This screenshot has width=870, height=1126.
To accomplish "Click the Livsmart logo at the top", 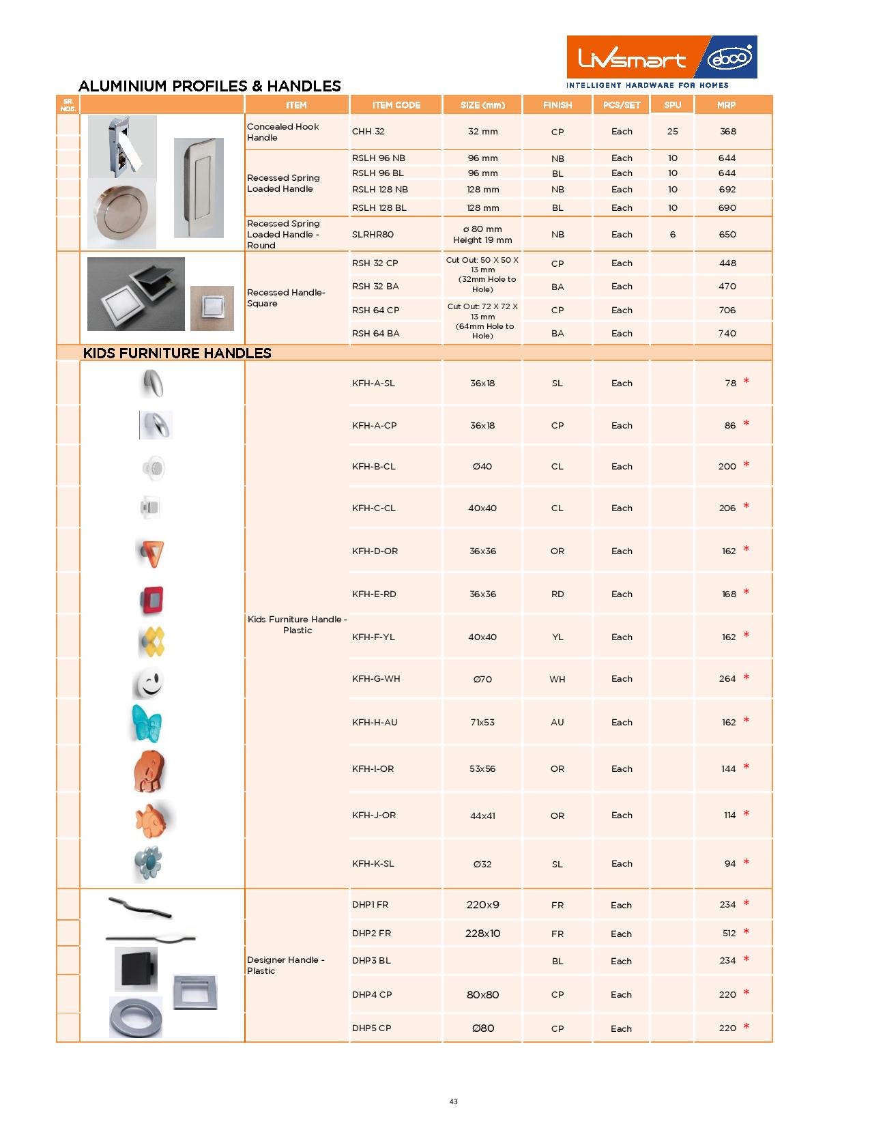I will [631, 60].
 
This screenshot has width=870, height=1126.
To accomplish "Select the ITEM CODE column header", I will [396, 105].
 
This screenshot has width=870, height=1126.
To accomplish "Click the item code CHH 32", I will [368, 132].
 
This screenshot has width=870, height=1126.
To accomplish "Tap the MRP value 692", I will [727, 190].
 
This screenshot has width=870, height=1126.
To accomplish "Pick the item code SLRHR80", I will [373, 235].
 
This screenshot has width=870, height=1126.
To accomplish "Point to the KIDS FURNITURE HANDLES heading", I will [177, 353].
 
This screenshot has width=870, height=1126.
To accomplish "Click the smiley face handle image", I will [149, 682].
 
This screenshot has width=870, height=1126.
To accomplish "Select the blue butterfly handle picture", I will [148, 723].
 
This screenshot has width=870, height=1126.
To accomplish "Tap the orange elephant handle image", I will [149, 771].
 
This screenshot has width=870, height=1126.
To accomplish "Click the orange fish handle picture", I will [153, 818].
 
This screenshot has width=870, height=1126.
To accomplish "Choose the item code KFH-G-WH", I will [376, 679].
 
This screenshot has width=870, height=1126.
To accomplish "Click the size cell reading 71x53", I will [482, 723].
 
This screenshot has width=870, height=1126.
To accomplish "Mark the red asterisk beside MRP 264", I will [746, 678].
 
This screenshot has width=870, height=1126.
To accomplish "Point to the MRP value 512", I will [729, 934].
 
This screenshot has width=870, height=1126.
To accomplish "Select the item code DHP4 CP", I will [372, 995].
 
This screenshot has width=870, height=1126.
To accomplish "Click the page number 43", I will [454, 1101].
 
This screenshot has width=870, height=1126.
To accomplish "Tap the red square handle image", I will [151, 599].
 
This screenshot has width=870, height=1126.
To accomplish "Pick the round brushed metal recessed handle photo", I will [121, 214].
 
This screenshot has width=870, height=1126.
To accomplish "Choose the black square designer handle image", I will [136, 968].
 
